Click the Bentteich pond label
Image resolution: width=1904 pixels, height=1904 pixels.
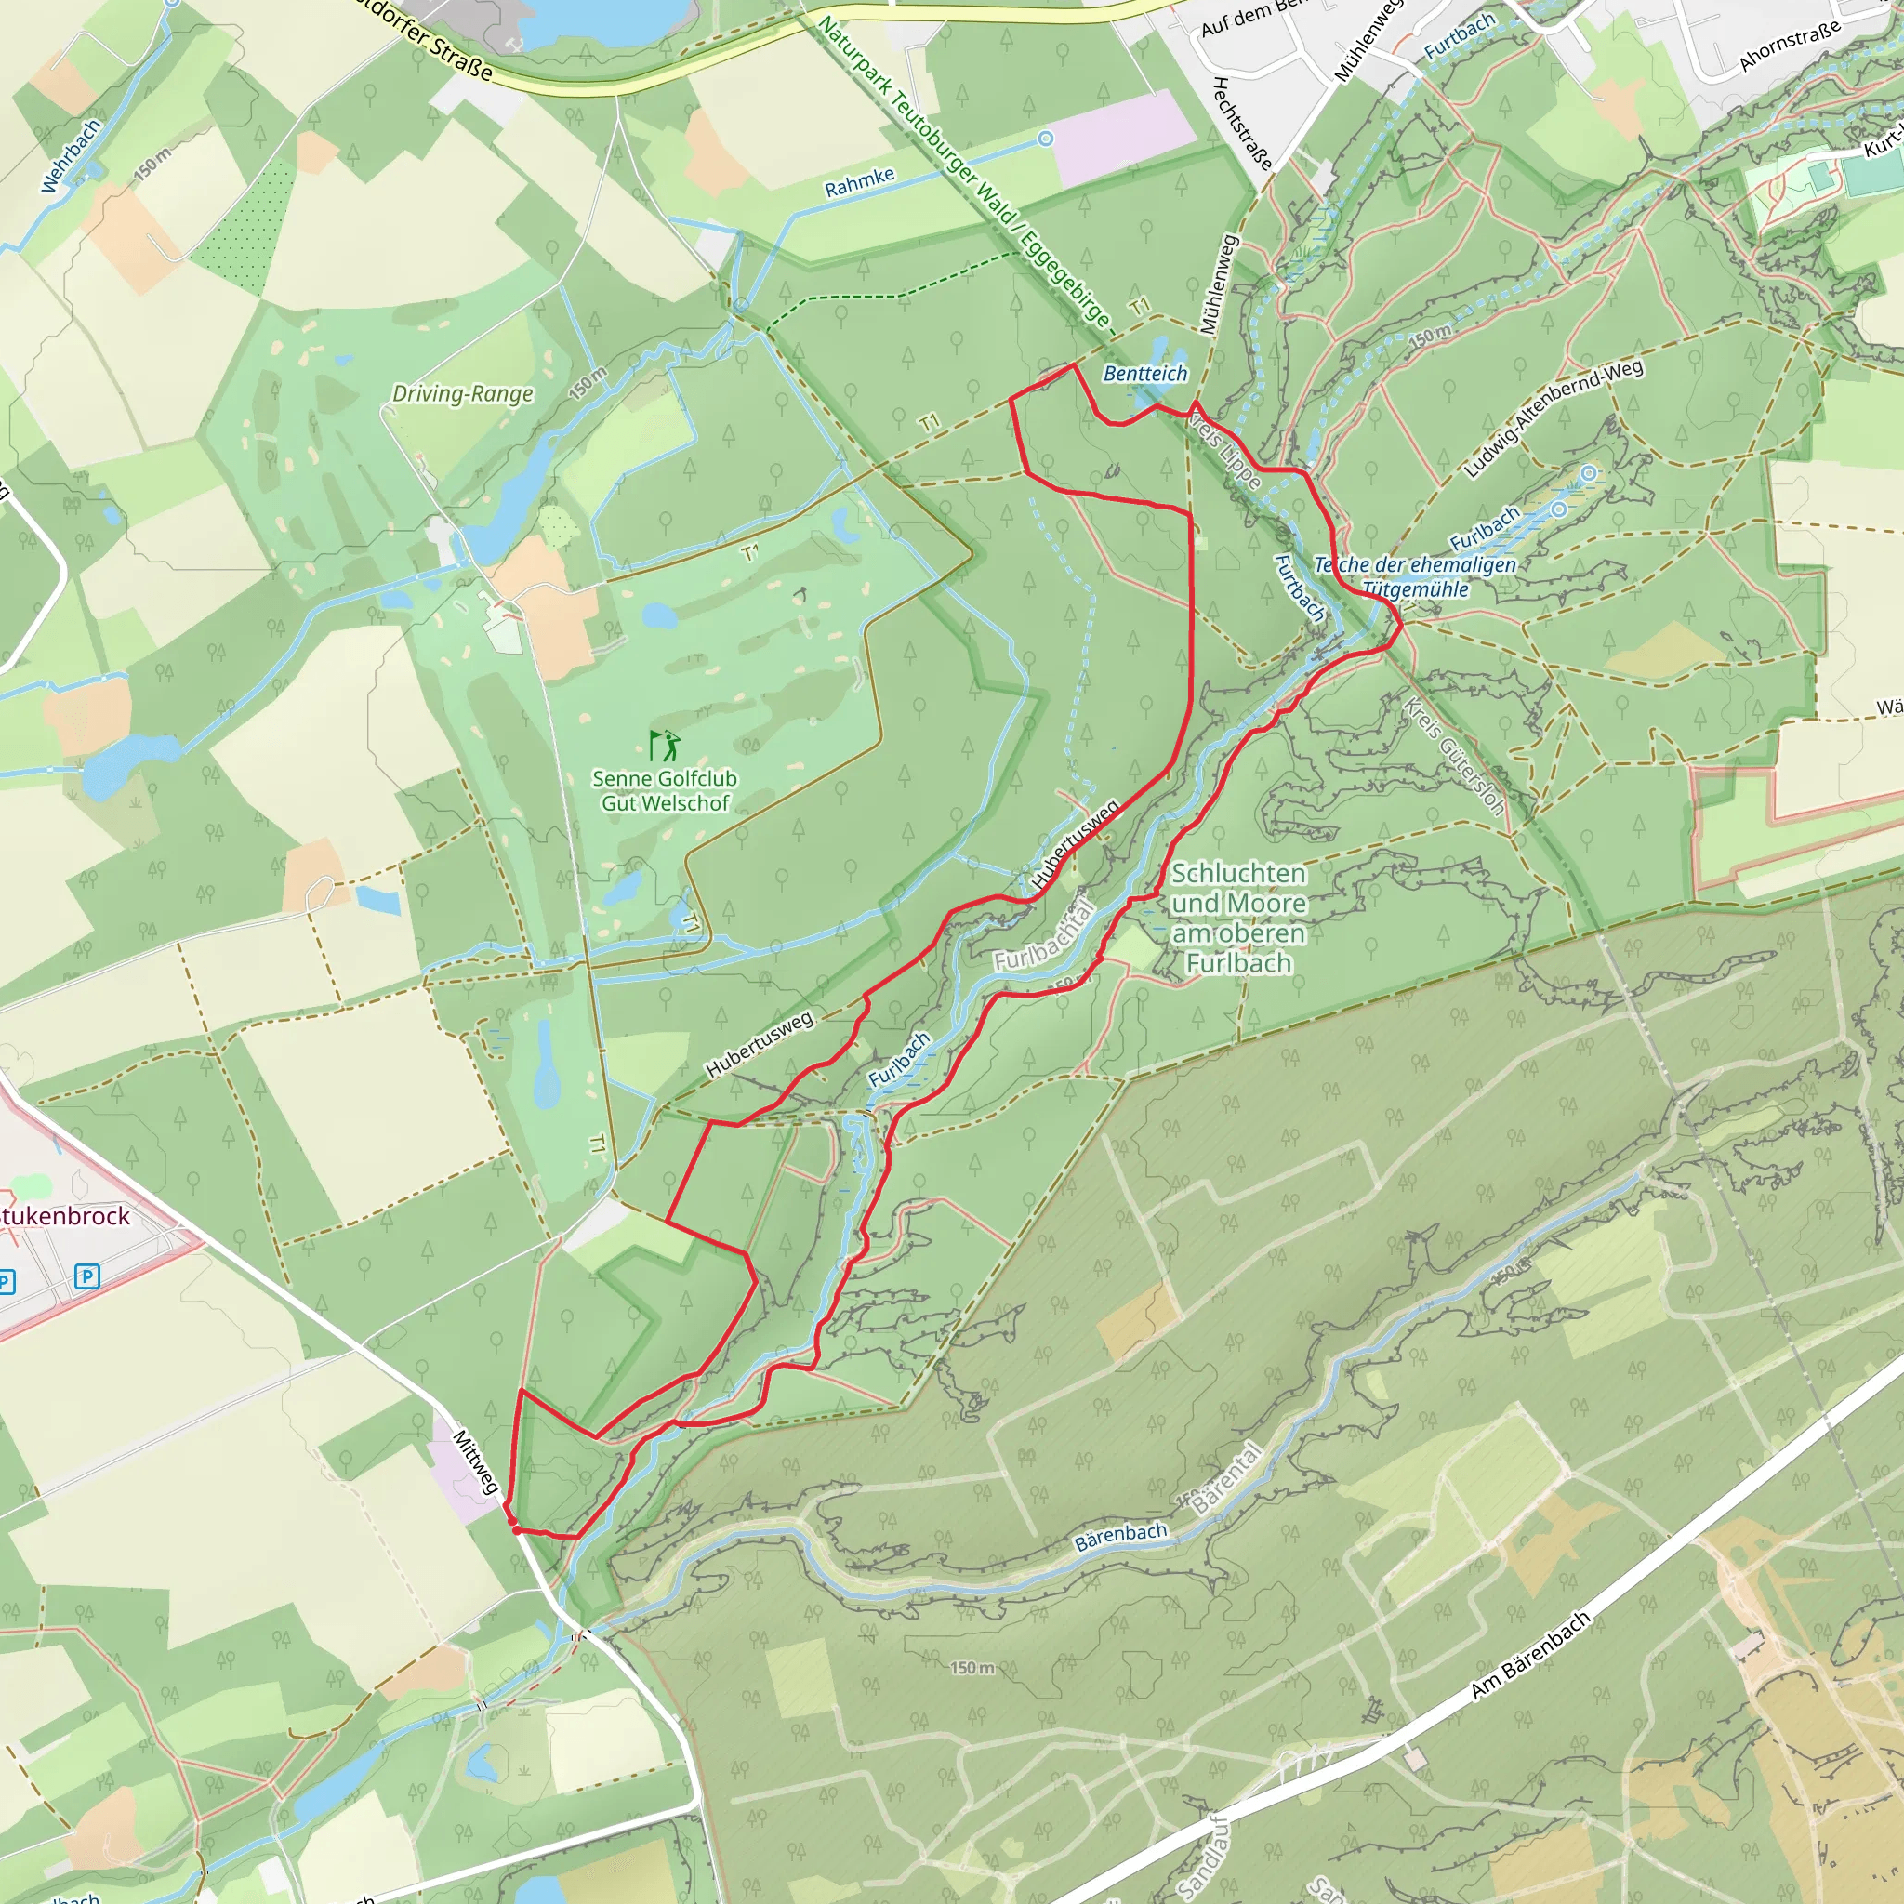pyautogui.click(x=1145, y=374)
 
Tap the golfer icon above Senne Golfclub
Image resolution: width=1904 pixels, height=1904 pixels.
pyautogui.click(x=666, y=745)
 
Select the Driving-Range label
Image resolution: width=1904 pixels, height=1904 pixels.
pyautogui.click(x=462, y=394)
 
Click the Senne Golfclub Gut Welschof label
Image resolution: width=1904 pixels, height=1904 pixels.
pyautogui.click(x=664, y=790)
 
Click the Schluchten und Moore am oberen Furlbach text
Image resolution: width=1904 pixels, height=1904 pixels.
pyautogui.click(x=1238, y=918)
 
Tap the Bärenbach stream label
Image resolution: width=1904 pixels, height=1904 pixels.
pyautogui.click(x=1120, y=1537)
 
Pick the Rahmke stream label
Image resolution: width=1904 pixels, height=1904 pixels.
pyautogui.click(x=859, y=182)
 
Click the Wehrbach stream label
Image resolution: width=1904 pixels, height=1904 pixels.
pyautogui.click(x=71, y=155)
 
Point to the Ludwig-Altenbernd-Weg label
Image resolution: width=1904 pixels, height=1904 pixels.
pyautogui.click(x=1554, y=419)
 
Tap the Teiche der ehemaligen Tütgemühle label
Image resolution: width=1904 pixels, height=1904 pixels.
pyautogui.click(x=1415, y=577)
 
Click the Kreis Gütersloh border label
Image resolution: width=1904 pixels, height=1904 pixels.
pyautogui.click(x=1454, y=757)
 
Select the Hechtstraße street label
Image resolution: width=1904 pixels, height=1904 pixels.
pyautogui.click(x=1242, y=124)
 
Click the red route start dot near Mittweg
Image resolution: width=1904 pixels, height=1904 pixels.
pyautogui.click(x=516, y=1530)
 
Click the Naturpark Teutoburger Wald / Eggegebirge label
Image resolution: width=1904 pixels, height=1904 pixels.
pyautogui.click(x=964, y=173)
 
